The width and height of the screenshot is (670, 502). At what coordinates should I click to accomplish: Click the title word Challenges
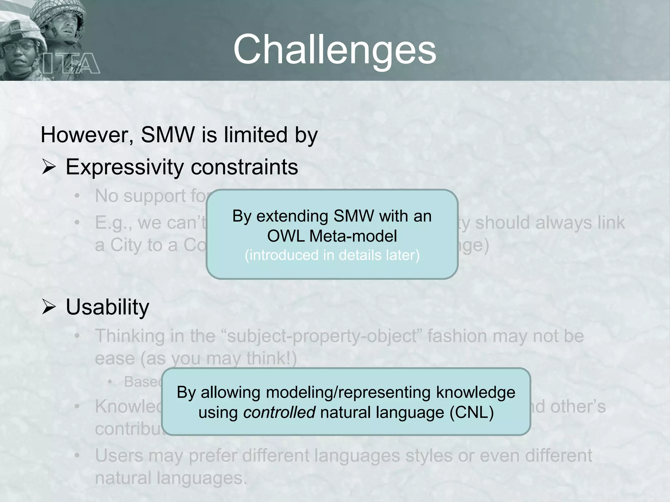coord(335,50)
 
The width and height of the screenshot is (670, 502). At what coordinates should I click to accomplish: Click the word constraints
coord(244,167)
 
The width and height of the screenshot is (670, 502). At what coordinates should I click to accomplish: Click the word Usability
coord(107,307)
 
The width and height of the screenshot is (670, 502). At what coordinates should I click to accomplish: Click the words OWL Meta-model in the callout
coord(332,236)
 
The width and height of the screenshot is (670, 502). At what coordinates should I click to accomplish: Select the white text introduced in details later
coord(332,255)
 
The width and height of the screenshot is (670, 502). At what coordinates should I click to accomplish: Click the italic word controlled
coord(279,412)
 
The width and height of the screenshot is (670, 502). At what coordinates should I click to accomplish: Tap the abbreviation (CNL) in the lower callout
coord(471,412)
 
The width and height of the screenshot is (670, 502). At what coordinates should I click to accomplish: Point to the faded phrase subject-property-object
coord(322,336)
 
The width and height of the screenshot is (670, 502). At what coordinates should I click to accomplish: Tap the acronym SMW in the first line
coord(167,135)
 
